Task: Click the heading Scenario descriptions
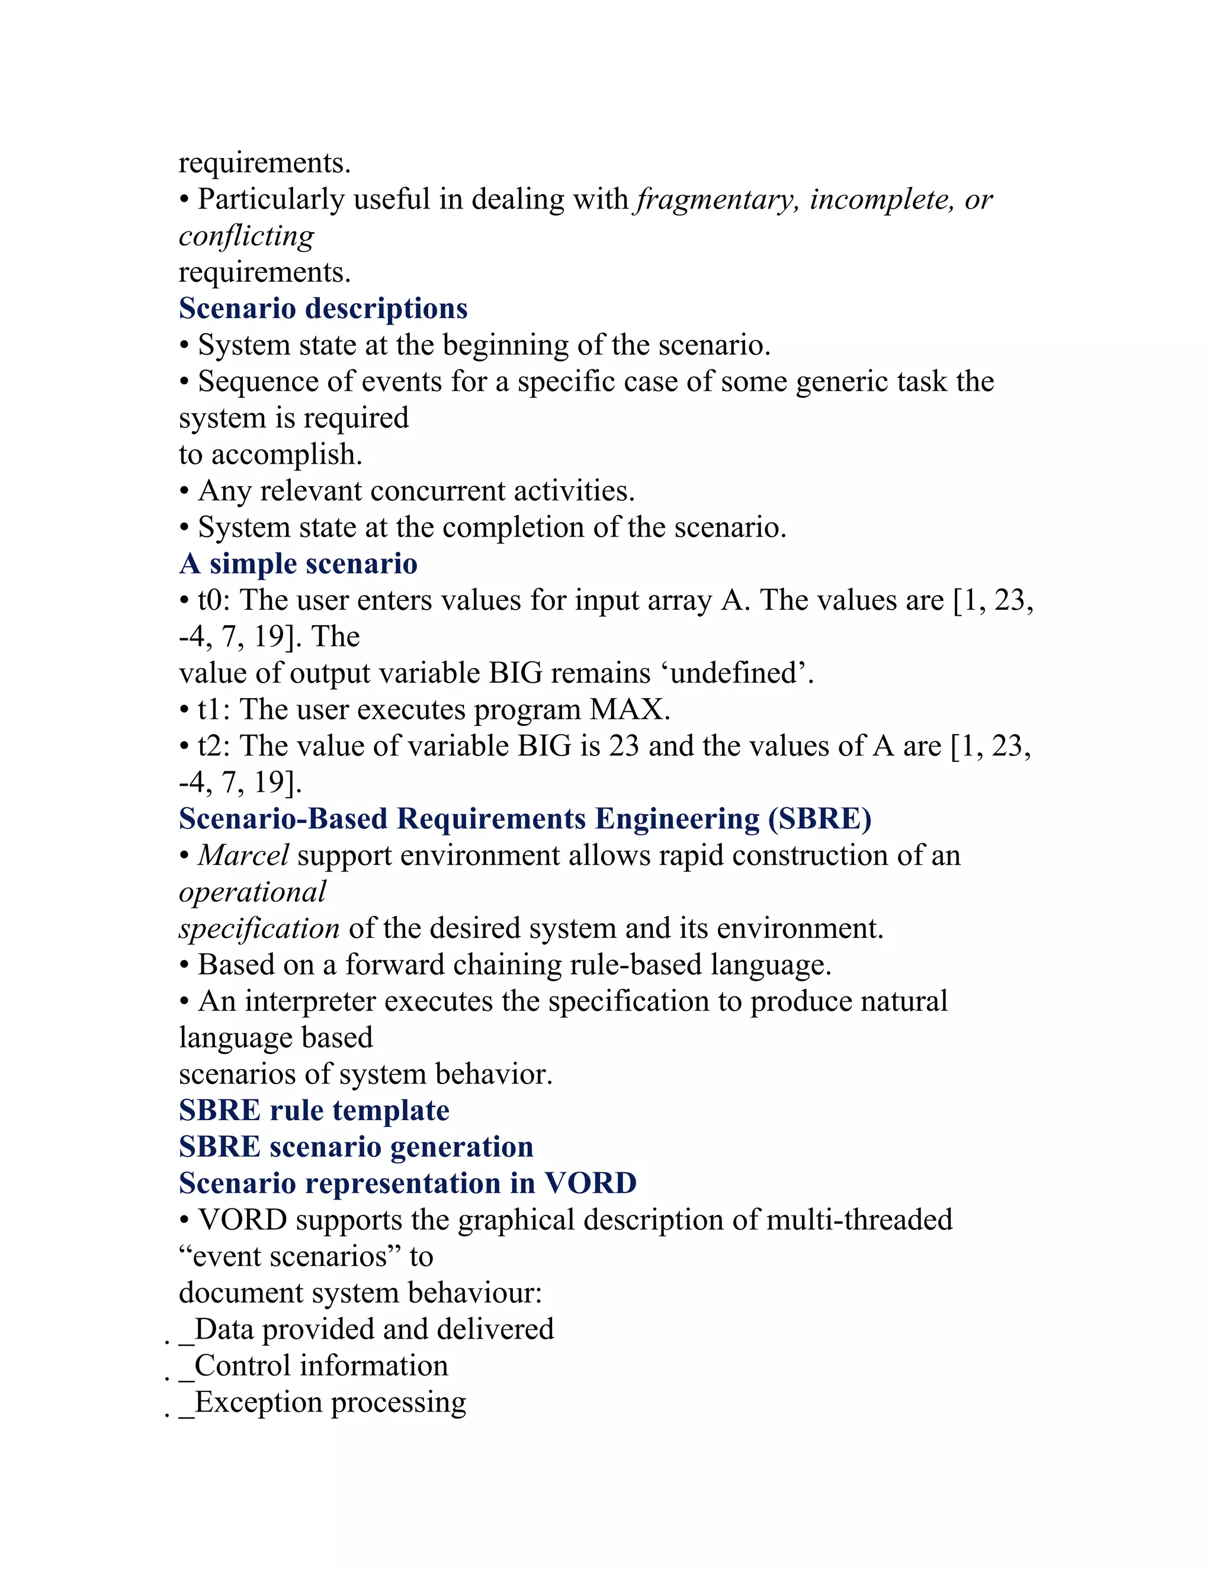323,309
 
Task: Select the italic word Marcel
243,856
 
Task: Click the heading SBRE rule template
314,1111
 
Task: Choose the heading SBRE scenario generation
356,1147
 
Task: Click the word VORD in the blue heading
590,1184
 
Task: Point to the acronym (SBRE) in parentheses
820,819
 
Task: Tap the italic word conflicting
246,236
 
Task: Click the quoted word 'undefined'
732,673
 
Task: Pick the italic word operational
252,892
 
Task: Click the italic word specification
259,929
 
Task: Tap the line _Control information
313,1367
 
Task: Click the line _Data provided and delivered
367,1330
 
